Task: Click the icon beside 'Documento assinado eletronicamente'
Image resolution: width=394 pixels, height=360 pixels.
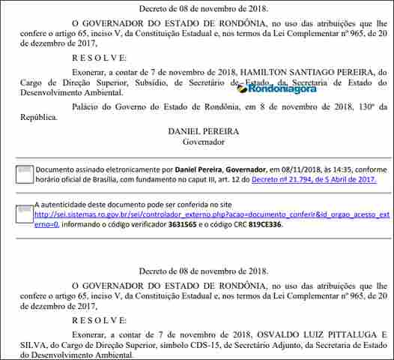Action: [24, 174]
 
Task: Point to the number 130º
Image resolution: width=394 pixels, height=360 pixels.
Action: [363, 106]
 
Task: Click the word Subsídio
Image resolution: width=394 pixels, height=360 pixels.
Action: [167, 83]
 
